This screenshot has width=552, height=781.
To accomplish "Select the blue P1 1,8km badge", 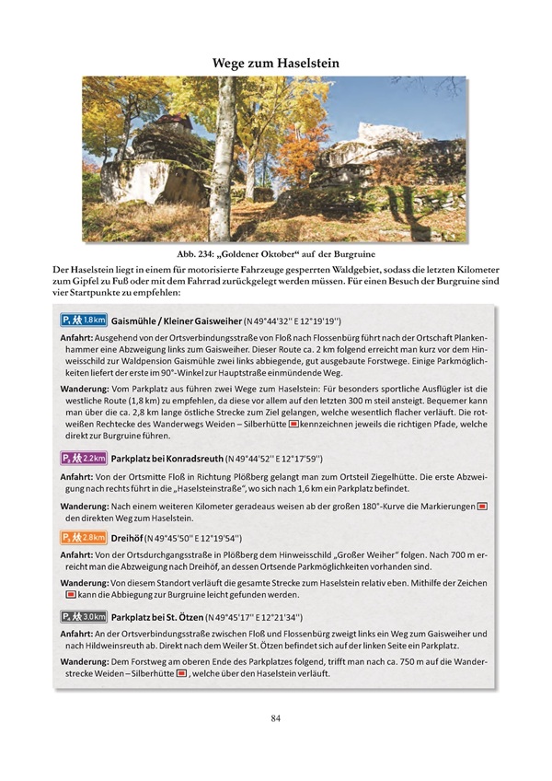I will [x=84, y=321].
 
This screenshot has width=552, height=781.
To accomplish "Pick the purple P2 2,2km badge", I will [x=84, y=458].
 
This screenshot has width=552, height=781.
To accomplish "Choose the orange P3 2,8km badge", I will [x=84, y=537].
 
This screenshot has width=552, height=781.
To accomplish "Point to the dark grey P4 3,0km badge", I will [x=84, y=616].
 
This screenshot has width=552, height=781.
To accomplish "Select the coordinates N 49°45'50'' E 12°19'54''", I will [x=208, y=538].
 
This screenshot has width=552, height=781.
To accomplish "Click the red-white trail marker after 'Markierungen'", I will [x=482, y=507].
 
